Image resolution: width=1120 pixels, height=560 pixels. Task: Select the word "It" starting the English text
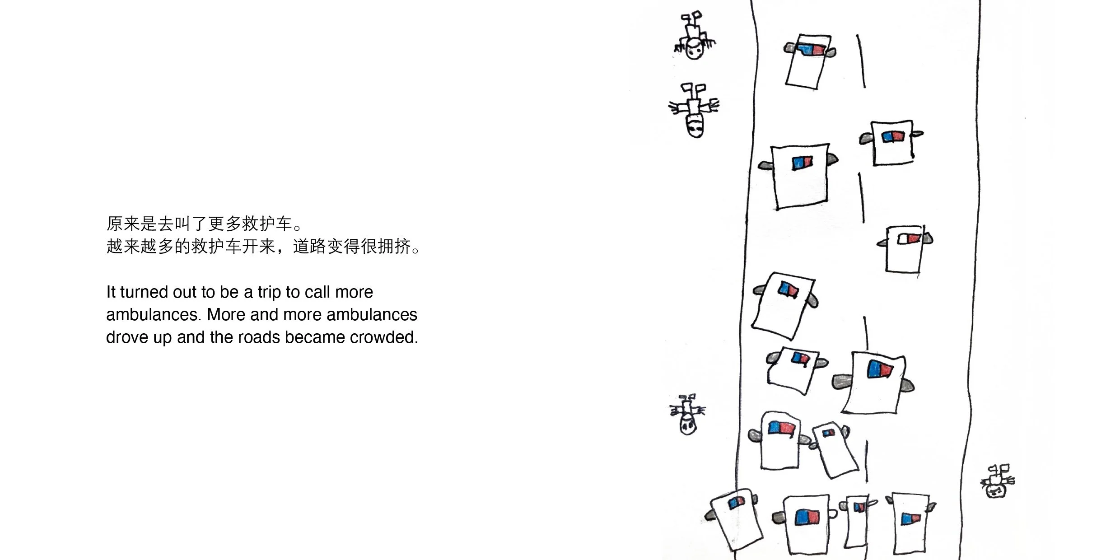click(111, 292)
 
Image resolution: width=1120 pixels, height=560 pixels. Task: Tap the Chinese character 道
click(301, 247)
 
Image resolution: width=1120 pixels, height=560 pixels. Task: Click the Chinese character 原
click(115, 224)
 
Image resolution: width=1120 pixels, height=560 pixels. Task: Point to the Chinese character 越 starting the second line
click(115, 247)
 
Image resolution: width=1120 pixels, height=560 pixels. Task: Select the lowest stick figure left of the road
click(687, 415)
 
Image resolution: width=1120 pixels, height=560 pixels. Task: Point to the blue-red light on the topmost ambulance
click(812, 49)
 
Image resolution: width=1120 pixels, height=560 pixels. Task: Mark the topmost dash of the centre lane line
click(861, 61)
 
